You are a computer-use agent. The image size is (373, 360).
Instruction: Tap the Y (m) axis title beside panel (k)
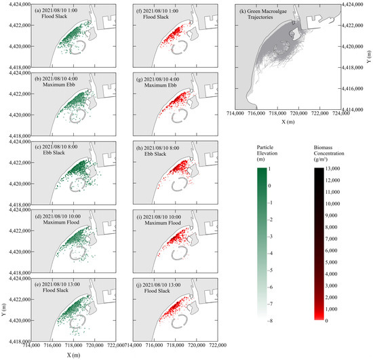[x=368, y=57]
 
